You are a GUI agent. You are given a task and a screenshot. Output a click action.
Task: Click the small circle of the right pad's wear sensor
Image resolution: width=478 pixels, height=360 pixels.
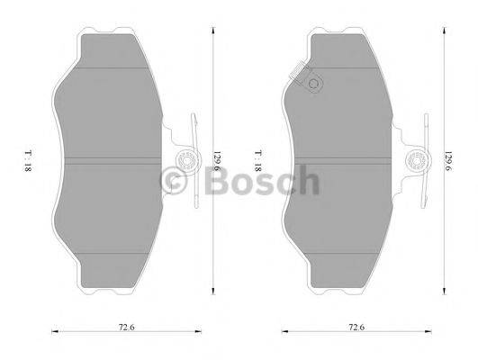314,85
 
